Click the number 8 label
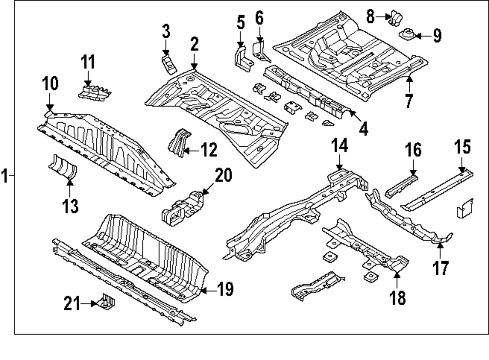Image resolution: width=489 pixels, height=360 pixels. (370, 17)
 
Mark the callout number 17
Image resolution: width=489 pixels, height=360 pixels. (441, 268)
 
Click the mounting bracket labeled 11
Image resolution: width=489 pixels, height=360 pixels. (94, 92)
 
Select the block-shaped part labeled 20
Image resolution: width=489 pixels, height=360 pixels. (183, 209)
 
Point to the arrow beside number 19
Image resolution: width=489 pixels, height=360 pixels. (206, 291)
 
